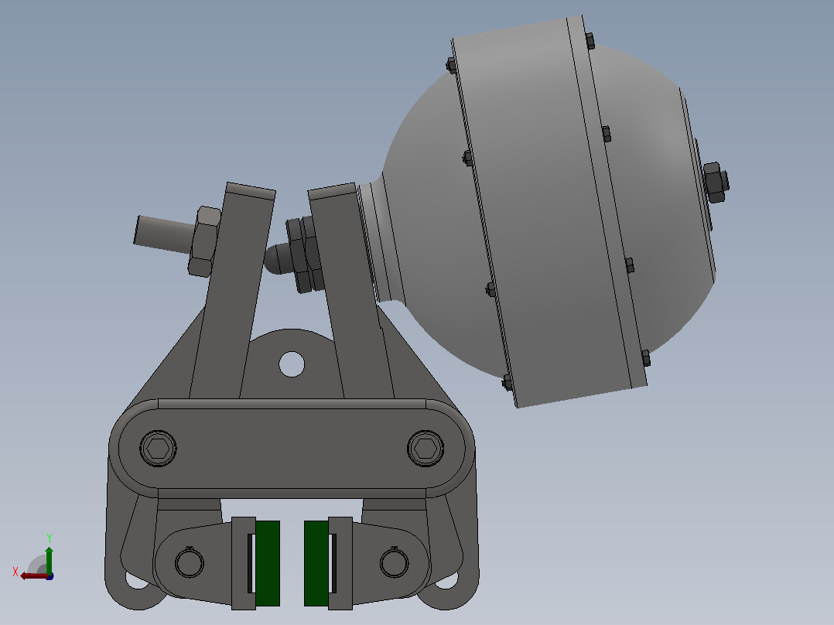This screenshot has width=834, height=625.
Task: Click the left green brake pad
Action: [x=268, y=563]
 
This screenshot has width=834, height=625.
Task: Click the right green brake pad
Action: [x=316, y=563]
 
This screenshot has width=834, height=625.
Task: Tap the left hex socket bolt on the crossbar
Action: [x=158, y=449]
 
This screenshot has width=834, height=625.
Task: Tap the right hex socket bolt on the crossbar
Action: [x=426, y=449]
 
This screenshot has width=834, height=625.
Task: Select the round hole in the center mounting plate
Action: [x=292, y=364]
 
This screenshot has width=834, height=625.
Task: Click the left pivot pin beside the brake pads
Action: [x=189, y=563]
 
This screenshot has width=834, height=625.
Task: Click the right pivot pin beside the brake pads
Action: [x=394, y=563]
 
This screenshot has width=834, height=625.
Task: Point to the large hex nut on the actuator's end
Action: [x=716, y=183]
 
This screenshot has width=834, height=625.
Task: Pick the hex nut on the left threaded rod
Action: [x=204, y=241]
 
